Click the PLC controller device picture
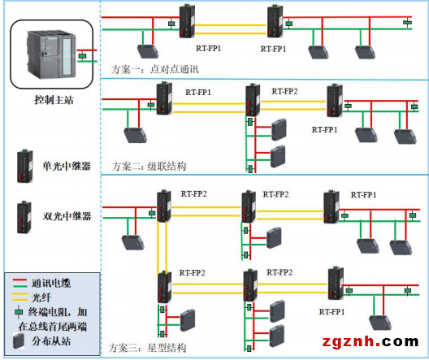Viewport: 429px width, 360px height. coord(50,54)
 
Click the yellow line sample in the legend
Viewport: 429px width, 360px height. coord(19,297)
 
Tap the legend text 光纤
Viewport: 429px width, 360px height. coord(41,297)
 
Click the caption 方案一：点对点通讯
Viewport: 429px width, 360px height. coord(151,69)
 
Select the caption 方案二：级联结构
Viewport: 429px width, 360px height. coord(149,166)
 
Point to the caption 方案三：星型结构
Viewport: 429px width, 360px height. coord(149,349)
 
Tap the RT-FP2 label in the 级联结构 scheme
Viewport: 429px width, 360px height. coord(284,92)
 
